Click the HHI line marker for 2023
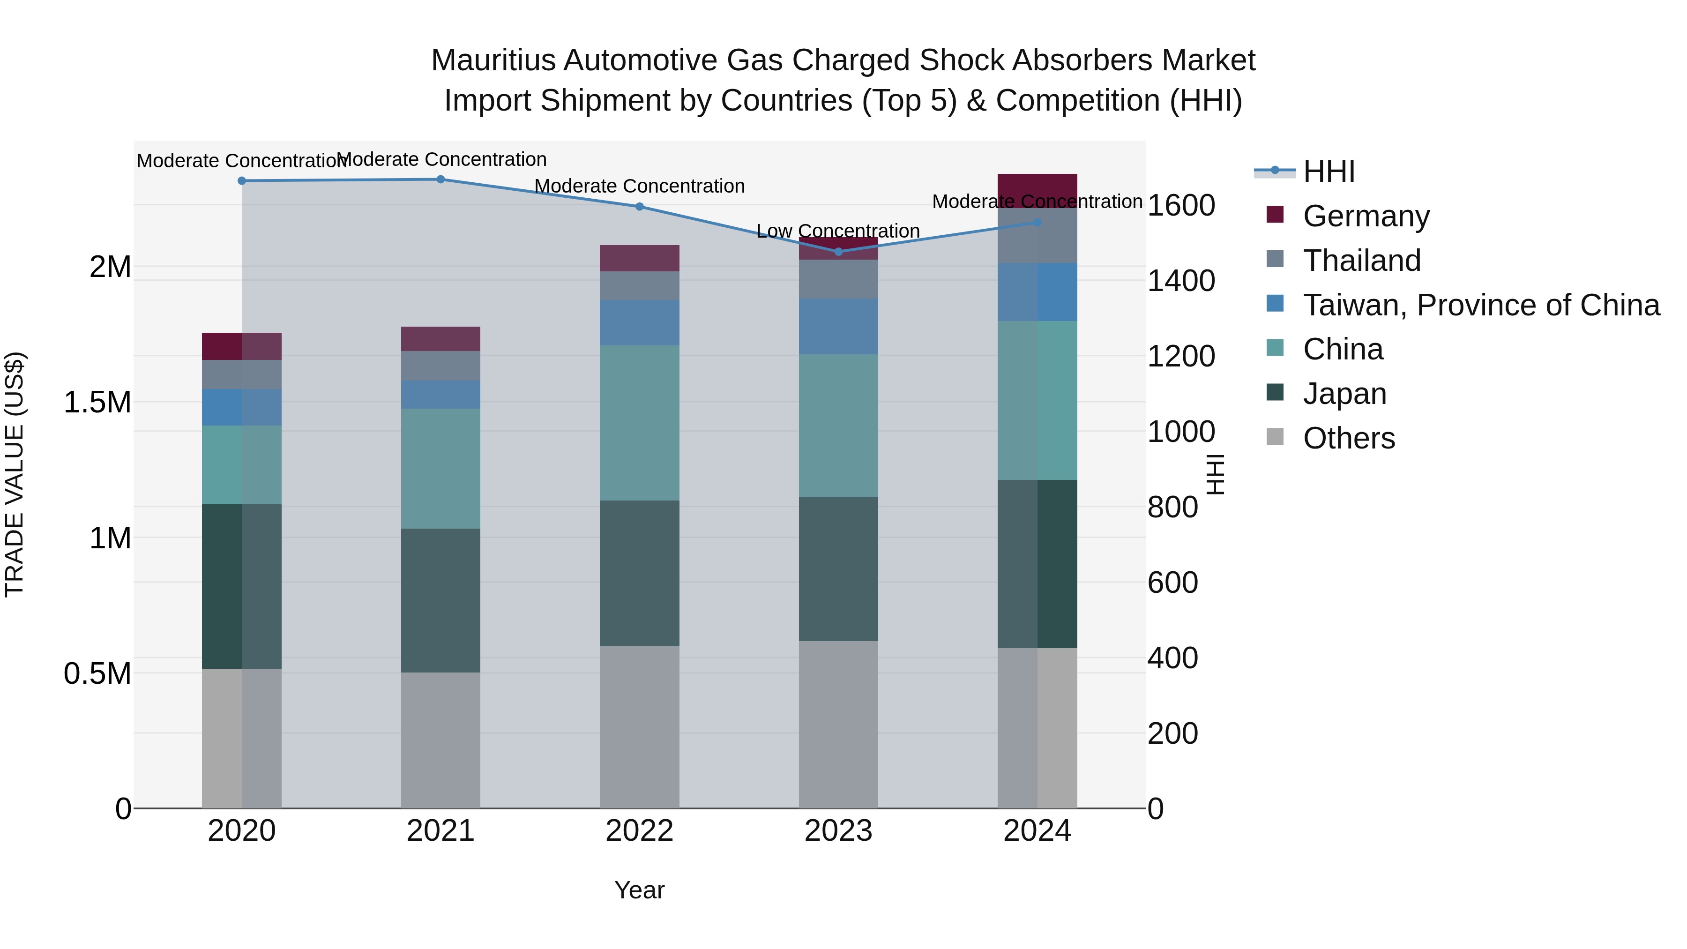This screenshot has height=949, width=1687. [838, 252]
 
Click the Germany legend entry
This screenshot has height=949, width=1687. [1366, 216]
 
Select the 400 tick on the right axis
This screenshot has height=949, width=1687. [1172, 658]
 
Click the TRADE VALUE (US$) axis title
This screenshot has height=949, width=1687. [15, 474]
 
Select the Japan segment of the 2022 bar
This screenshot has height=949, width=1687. [639, 573]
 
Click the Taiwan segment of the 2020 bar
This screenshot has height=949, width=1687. [242, 407]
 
